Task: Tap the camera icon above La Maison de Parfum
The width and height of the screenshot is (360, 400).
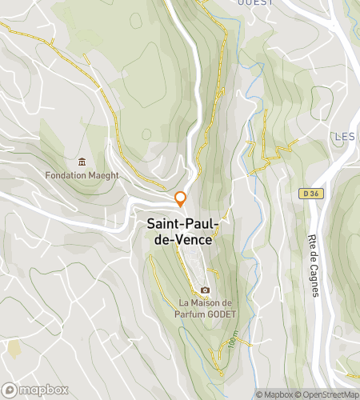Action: (x=206, y=290)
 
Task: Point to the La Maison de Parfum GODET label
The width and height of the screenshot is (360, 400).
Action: (x=205, y=308)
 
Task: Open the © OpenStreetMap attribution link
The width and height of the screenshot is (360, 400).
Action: (x=327, y=394)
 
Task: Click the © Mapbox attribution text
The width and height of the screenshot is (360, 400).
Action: (x=274, y=394)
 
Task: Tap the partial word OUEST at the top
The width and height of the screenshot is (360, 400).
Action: (x=256, y=2)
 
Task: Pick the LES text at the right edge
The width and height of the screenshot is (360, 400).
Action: (x=345, y=136)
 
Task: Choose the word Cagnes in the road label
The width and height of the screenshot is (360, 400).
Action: (x=314, y=280)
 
